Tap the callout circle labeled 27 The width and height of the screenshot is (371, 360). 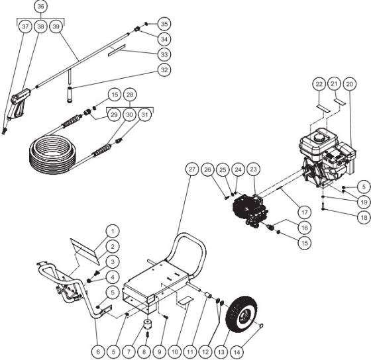191,169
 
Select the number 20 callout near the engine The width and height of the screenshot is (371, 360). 350,83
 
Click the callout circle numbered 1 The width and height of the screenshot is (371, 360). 113,231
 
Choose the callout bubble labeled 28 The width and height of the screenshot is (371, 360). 130,96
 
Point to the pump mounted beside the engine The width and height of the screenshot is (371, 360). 252,203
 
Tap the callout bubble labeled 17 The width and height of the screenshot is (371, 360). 303,213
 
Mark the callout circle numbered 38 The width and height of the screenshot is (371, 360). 42,27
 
